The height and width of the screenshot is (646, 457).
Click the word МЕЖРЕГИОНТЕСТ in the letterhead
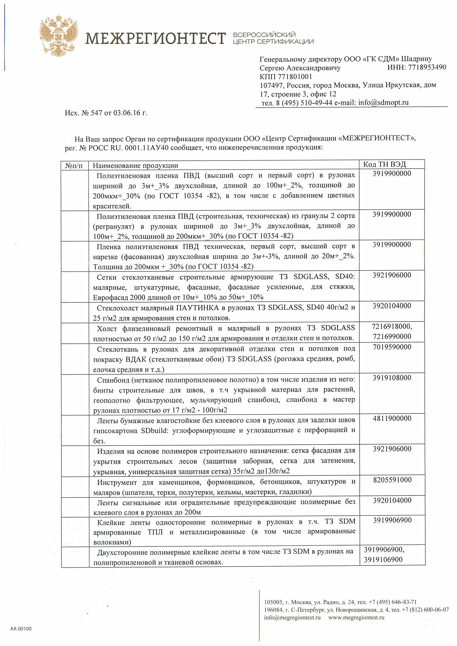[155, 38]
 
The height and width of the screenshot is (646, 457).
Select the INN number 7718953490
[427, 67]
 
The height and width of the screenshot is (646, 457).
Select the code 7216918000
[391, 326]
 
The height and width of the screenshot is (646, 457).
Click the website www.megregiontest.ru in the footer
[356, 618]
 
